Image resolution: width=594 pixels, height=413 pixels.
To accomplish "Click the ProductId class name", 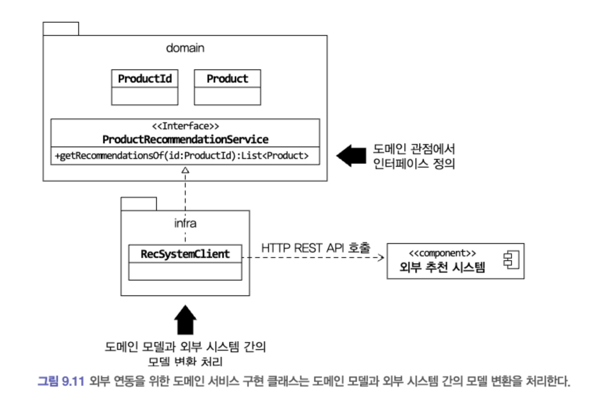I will point(145,79).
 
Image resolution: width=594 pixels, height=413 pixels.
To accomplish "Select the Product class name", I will point(227,79).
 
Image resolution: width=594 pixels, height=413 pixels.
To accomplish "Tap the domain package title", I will point(185,48).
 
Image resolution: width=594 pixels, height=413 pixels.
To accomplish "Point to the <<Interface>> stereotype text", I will point(185,126).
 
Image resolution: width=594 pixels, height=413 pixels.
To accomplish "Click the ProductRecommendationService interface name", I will point(185,139).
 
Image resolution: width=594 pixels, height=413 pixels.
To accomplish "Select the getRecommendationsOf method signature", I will point(182,156).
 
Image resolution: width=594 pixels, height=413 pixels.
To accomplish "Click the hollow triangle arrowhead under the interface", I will point(185,170).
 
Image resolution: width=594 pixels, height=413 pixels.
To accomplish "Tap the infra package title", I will point(185,223).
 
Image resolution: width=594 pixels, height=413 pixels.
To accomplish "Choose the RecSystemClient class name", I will point(185,254).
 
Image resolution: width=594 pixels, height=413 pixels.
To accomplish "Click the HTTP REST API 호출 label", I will point(316,248).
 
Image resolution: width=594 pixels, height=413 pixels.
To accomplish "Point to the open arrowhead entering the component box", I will point(381,257).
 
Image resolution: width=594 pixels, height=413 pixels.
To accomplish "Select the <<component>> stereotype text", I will point(442,253).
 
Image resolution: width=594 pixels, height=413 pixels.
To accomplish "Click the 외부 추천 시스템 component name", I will point(442,267).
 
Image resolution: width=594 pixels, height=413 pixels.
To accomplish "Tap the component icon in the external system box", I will point(511,260).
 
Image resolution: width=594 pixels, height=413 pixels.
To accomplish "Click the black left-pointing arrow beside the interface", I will point(351,156).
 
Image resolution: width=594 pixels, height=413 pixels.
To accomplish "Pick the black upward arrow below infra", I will point(185,320).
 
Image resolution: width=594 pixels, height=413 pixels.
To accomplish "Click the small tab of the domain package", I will point(61,29).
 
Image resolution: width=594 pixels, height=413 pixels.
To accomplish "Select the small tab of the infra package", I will point(139,204).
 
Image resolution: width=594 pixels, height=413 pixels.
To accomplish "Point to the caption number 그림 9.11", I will point(61,381).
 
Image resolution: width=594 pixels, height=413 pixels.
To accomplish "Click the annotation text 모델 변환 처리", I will point(185,362).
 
